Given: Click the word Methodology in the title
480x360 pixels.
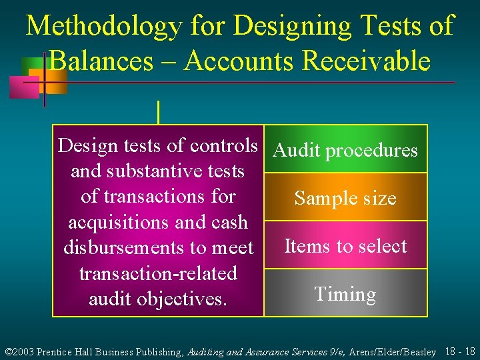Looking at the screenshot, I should [103, 27].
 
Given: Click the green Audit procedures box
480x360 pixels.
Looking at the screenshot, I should [345, 150].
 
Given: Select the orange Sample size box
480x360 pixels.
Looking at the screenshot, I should [345, 198].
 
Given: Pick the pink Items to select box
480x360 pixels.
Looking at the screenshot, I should [345, 246].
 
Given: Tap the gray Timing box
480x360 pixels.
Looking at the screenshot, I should [345, 294].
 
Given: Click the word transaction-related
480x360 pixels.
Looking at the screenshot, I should [158, 273].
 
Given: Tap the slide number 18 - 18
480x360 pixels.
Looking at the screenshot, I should [459, 351].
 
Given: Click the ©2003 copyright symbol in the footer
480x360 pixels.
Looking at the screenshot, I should [8, 351].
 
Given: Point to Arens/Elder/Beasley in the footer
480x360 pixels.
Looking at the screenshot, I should [393, 351].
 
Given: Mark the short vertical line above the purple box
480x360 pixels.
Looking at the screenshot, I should [158, 112].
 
